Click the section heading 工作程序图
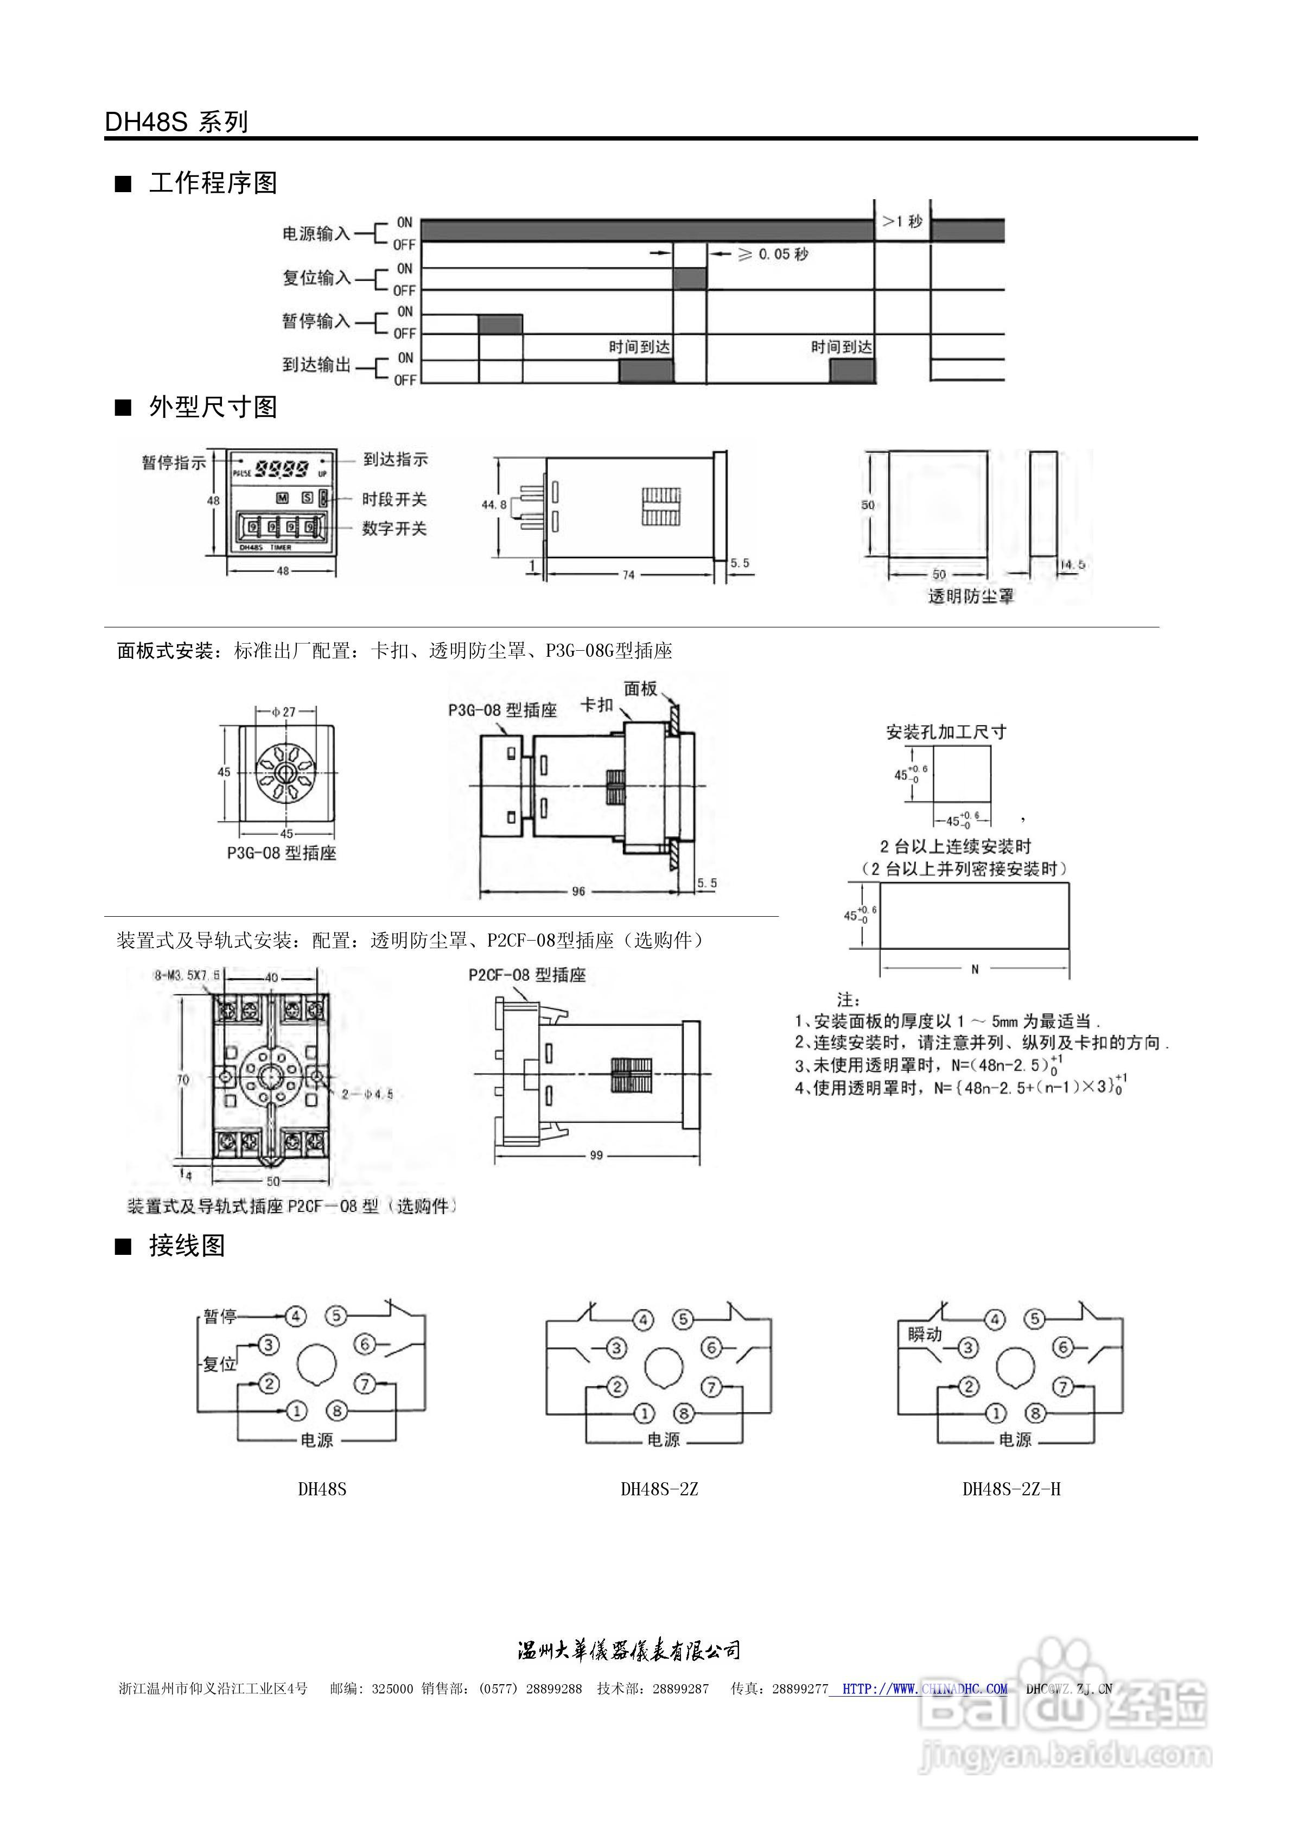point(213,183)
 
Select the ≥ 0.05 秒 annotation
point(772,254)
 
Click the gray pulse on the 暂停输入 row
point(500,324)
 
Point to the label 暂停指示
point(174,462)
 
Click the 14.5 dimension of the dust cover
point(1072,564)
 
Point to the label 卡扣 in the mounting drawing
point(597,704)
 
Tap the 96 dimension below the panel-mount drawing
point(579,891)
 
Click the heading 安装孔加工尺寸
point(946,731)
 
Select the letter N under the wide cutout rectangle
point(975,969)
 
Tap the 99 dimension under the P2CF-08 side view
point(596,1154)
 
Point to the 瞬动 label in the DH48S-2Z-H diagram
point(925,1334)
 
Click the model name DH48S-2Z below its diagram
point(659,1489)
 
